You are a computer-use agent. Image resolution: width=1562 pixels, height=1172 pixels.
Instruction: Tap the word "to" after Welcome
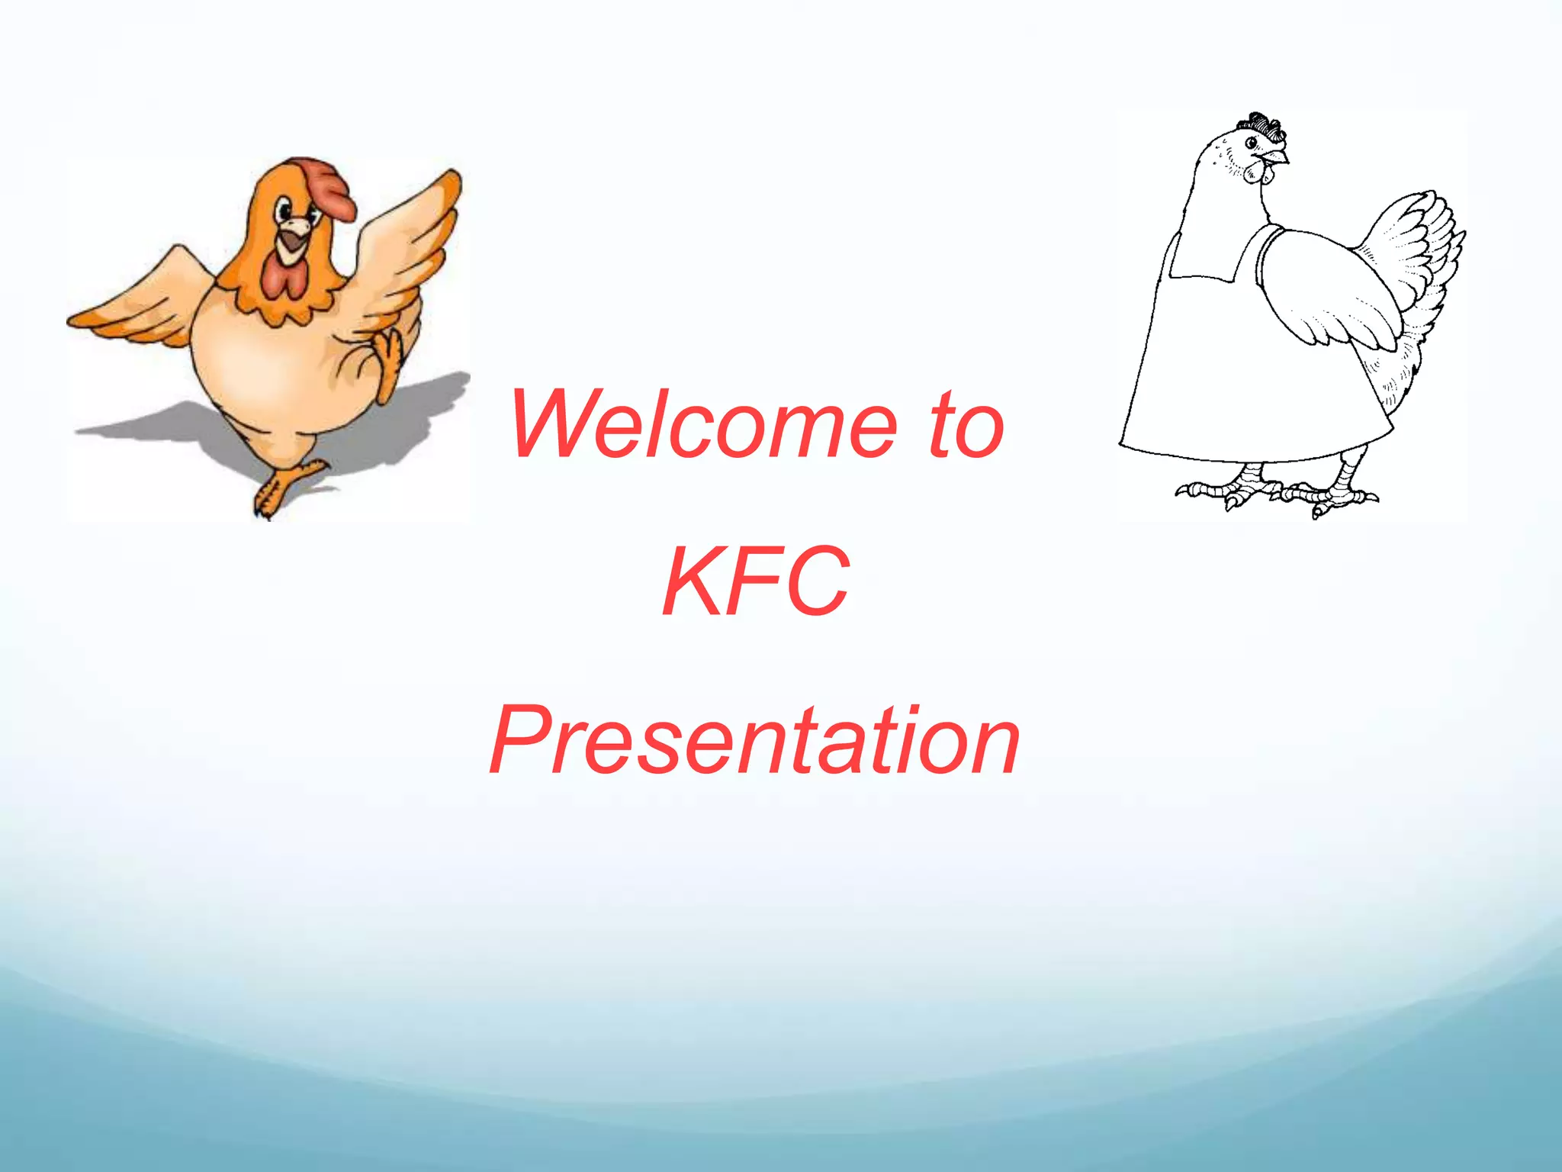966,425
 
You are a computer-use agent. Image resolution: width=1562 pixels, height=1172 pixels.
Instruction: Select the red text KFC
755,582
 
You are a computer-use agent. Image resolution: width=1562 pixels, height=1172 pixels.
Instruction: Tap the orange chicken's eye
284,208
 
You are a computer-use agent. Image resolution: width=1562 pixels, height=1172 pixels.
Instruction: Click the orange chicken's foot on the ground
282,488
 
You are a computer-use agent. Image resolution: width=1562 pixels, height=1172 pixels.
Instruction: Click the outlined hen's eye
1251,143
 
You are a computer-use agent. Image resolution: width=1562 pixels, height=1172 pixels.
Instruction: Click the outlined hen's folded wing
1327,290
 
